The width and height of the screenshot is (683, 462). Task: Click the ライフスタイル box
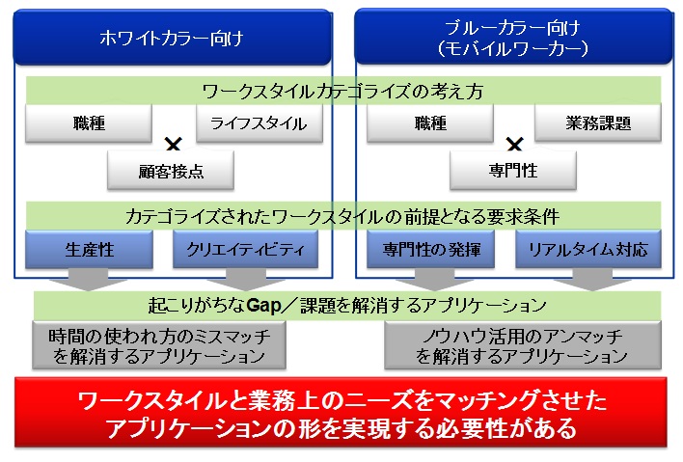click(258, 122)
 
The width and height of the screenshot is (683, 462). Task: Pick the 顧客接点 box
click(171, 172)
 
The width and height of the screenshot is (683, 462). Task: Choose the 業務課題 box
click(598, 122)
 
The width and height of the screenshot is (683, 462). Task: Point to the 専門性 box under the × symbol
click(513, 172)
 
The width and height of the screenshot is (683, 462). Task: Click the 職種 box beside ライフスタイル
click(89, 122)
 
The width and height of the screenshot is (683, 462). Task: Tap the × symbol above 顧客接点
click(174, 146)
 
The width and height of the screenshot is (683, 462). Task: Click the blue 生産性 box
click(89, 250)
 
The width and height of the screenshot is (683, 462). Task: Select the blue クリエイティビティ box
click(245, 250)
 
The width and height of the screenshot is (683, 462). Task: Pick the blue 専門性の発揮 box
click(430, 250)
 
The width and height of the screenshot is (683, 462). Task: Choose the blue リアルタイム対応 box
click(588, 250)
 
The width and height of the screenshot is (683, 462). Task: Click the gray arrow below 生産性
click(89, 281)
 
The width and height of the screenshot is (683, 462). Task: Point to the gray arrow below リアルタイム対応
click(588, 281)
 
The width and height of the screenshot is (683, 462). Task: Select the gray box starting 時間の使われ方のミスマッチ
click(159, 345)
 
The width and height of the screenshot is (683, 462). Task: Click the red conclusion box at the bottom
click(342, 412)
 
